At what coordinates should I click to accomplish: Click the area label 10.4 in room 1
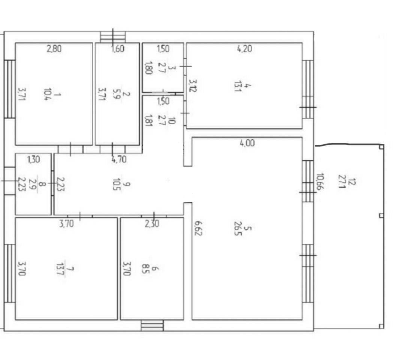point(48,94)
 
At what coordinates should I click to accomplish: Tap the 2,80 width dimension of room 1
point(54,49)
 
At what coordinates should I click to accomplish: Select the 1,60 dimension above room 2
point(118,49)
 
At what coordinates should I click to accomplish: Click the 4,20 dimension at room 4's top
point(244,49)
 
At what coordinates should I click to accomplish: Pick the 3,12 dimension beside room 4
point(193,85)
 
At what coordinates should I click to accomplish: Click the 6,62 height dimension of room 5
point(198,228)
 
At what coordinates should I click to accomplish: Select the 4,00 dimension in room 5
point(247,143)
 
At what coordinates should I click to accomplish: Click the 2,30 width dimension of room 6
point(152,224)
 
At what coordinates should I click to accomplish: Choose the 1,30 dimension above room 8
point(34,160)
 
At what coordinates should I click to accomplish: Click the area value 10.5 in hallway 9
point(117,184)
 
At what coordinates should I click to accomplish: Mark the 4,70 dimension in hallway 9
point(119,160)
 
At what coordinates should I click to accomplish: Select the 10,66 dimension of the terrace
point(320,181)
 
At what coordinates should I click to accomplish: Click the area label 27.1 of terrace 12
point(342,181)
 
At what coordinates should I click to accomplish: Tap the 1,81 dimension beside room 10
point(149,120)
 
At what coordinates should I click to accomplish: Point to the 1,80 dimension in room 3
point(148,68)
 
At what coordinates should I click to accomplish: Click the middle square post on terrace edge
point(381,215)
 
